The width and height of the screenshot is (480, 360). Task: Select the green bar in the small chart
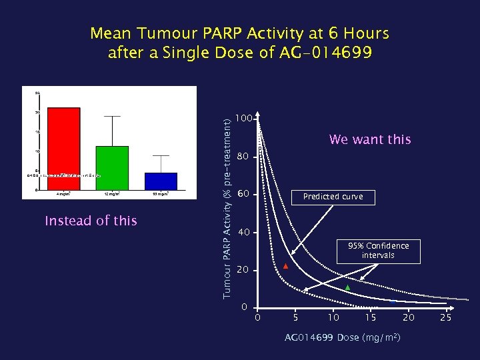pos(112,167)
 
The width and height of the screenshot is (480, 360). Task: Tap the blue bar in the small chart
pos(161,181)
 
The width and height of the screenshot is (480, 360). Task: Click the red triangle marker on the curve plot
pos(285,267)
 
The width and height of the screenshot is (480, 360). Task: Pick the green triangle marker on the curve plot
pos(347,287)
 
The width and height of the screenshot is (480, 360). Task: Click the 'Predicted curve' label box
pos(333,197)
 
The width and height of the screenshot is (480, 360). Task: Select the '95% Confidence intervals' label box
pos(378,250)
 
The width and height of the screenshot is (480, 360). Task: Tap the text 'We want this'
pos(370,139)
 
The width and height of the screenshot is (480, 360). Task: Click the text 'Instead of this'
pos(91,221)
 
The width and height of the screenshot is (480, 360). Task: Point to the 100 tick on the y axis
pos(245,118)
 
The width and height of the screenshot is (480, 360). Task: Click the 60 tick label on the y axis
pos(244,194)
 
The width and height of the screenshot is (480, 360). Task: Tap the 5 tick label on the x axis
pos(295,317)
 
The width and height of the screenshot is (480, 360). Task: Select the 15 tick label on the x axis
pos(370,317)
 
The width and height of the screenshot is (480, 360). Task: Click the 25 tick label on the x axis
pos(445,317)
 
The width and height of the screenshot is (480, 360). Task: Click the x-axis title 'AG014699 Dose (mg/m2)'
pos(343,338)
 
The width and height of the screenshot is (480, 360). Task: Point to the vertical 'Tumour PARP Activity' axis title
pos(227,207)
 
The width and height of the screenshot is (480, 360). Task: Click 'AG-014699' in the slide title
pos(323,52)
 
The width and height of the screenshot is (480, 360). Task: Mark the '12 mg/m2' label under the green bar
pos(112,194)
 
